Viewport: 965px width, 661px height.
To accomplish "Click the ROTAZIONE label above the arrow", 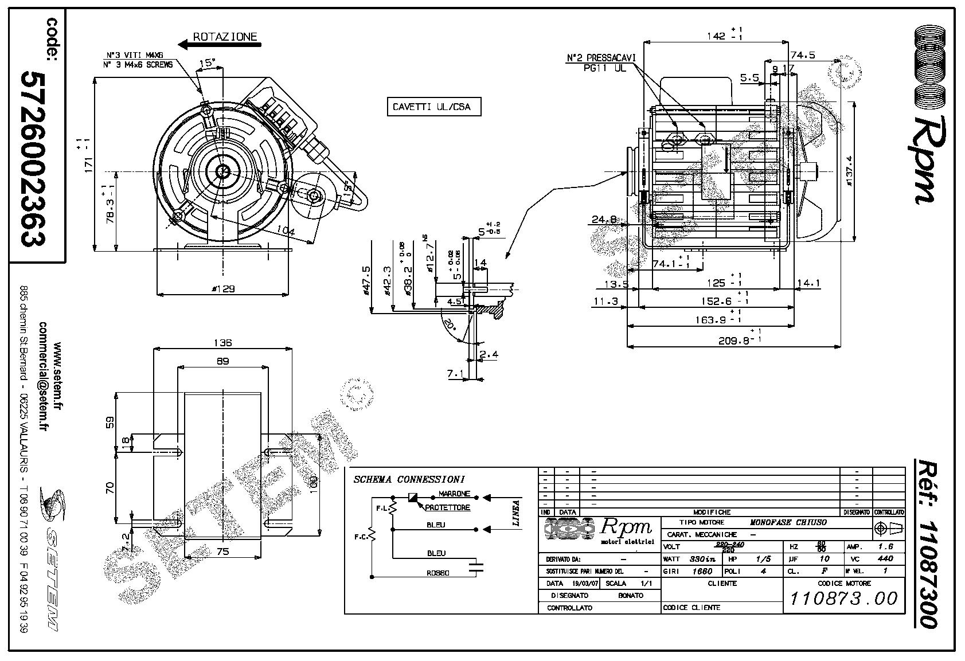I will (x=225, y=37).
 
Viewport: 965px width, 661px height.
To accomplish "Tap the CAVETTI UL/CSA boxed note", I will (x=431, y=107).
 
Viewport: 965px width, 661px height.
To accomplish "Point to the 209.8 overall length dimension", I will (x=736, y=341).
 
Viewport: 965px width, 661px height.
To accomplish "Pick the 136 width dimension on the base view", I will (x=222, y=343).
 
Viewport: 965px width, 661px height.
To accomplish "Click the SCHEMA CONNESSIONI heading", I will (x=409, y=479).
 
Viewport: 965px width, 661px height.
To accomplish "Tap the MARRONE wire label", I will (x=454, y=494).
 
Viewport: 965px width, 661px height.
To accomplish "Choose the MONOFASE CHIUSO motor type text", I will (x=788, y=522).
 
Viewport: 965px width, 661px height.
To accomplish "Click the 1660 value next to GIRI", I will (x=701, y=571).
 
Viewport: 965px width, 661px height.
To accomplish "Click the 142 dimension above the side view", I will (x=716, y=36).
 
